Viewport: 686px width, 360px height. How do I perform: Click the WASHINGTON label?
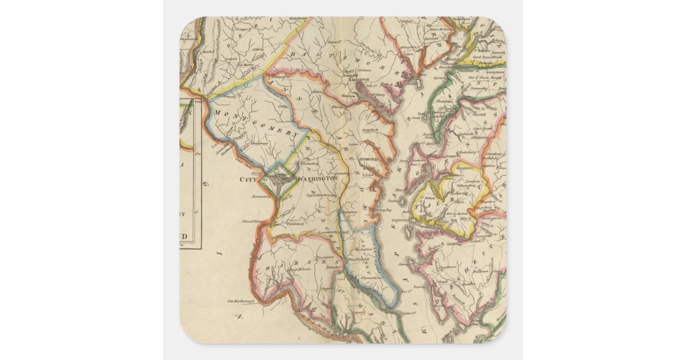pyautogui.click(x=315, y=179)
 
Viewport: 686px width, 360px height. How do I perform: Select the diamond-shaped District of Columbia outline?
pyautogui.click(x=277, y=181)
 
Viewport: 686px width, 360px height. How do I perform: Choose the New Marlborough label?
pyautogui.click(x=240, y=301)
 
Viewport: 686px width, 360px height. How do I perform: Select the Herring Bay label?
pyautogui.click(x=380, y=210)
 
